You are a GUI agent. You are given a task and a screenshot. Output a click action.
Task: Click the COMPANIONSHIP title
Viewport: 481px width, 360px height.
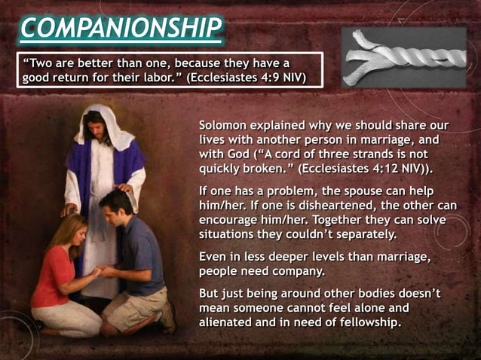pos(121,28)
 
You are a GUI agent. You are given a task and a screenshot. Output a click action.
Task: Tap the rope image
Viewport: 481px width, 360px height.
pos(403,56)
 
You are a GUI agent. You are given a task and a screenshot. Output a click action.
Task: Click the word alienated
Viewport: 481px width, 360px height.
pos(228,322)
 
